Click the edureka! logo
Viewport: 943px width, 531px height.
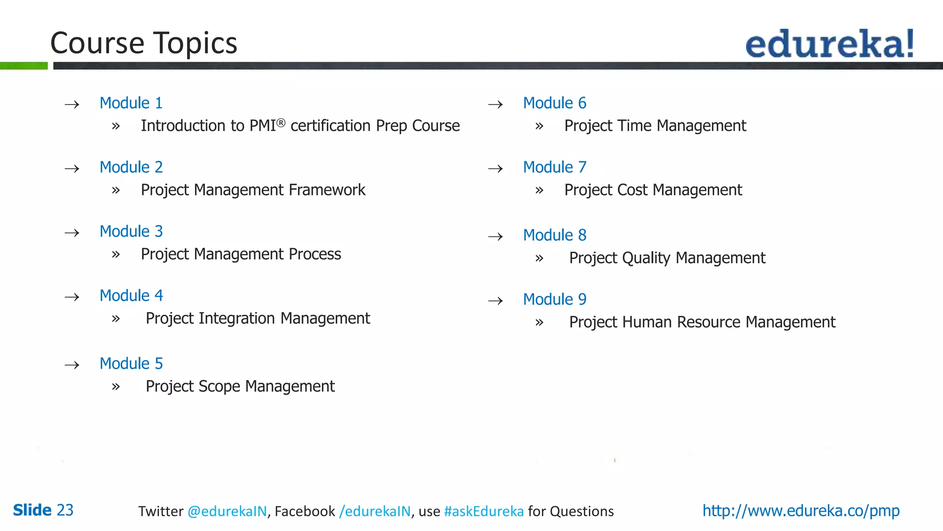pos(829,44)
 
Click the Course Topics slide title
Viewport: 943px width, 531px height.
pos(144,43)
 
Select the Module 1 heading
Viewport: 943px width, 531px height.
pos(131,103)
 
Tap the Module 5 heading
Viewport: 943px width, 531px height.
pos(131,364)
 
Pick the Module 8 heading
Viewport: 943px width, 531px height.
pos(555,235)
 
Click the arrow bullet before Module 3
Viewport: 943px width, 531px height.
pos(72,233)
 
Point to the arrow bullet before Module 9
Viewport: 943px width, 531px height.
pos(495,301)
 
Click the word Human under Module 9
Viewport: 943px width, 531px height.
pos(647,322)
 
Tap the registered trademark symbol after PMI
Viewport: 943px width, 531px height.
pos(281,122)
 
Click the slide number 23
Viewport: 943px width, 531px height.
pos(65,510)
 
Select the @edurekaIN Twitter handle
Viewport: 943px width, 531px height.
pos(227,511)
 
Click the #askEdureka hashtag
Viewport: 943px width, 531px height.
pos(484,511)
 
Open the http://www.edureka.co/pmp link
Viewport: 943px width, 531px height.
pos(801,511)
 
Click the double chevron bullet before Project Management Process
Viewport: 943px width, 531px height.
pos(116,254)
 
